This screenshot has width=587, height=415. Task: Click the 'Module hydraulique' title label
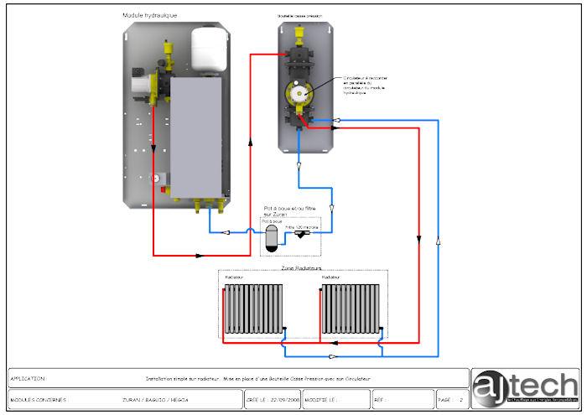155,15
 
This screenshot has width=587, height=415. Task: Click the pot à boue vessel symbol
270,236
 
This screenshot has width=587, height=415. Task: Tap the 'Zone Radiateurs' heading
303,268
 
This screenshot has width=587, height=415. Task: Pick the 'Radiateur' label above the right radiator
330,277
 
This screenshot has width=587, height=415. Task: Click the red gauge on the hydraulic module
155,178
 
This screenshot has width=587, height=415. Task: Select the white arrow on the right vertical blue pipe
437,242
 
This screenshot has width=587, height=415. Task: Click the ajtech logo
525,387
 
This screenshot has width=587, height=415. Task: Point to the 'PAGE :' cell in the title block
445,400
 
